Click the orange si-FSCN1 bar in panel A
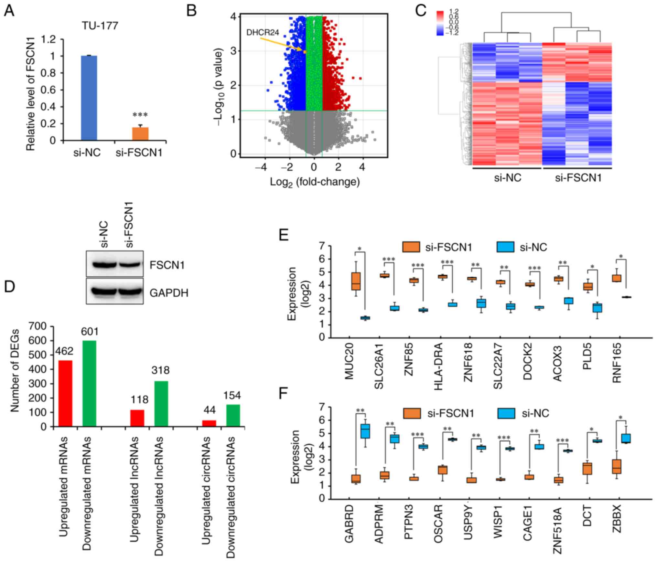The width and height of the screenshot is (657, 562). point(140,134)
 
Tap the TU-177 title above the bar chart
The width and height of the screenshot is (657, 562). point(100,26)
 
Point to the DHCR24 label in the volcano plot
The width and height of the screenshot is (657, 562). point(263,32)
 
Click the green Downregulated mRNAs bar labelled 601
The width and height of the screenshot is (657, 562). point(90,384)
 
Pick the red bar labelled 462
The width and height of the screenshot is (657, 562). point(65,393)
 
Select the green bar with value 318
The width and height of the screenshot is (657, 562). point(161,404)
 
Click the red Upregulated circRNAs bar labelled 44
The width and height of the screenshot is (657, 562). point(209,423)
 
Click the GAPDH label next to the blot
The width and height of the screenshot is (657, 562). point(169,293)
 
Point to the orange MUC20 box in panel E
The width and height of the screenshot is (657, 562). point(356,281)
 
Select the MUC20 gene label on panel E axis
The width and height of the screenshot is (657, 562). point(350,366)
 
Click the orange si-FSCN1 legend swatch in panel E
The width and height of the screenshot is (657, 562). point(411,247)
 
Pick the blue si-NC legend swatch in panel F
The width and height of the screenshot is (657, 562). point(507,413)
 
